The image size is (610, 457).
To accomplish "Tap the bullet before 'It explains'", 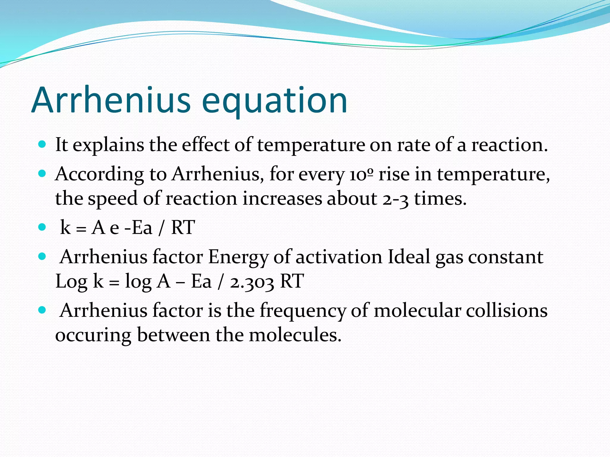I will click(x=42, y=145).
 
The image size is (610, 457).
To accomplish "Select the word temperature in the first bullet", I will click(x=311, y=145).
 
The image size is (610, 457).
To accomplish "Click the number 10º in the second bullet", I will click(x=361, y=174).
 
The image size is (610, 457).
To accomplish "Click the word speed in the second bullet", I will click(x=112, y=199).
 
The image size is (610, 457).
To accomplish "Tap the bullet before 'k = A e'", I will click(x=42, y=227).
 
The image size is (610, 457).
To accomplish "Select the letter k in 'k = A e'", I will click(x=65, y=227).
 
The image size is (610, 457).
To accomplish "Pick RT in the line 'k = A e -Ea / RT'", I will click(x=183, y=227).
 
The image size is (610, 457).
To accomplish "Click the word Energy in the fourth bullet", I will click(x=238, y=257).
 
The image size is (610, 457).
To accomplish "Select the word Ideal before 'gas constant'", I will click(x=409, y=256).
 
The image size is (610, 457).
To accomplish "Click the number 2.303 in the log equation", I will click(x=252, y=281).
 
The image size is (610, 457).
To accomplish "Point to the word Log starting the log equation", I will click(x=71, y=281).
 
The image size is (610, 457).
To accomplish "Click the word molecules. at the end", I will click(x=295, y=335).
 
